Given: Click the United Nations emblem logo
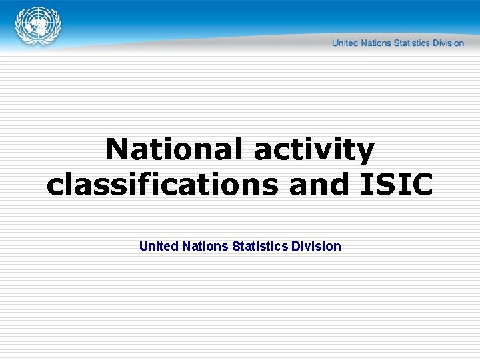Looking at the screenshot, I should point(38,27).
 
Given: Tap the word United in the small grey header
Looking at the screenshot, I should point(345,43).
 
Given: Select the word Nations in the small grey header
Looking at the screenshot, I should point(375,43).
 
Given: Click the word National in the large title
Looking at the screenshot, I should point(176,149).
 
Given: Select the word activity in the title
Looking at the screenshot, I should point(314,151).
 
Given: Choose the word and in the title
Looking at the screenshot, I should point(319,184).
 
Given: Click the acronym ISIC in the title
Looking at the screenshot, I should point(397,184).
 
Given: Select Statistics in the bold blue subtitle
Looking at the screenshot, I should point(260,246).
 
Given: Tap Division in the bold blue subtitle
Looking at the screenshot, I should point(316,246).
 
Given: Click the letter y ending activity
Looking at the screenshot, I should point(365,153).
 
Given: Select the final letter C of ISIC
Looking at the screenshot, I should point(421,184).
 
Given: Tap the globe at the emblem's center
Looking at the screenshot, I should point(38,27).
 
